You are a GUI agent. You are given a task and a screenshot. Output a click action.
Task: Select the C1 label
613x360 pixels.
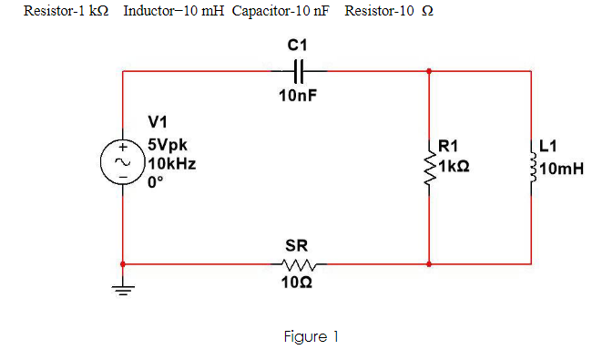pyautogui.click(x=298, y=45)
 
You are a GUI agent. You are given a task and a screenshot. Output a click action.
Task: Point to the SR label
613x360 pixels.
pyautogui.click(x=296, y=245)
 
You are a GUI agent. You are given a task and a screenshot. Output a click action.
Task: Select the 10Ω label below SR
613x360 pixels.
pyautogui.click(x=297, y=284)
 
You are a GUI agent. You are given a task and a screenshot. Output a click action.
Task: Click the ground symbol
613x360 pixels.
pyautogui.click(x=123, y=290)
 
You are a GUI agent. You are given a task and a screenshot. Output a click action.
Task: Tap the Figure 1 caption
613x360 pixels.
pyautogui.click(x=311, y=337)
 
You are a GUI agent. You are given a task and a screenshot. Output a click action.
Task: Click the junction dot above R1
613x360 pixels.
pyautogui.click(x=428, y=70)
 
